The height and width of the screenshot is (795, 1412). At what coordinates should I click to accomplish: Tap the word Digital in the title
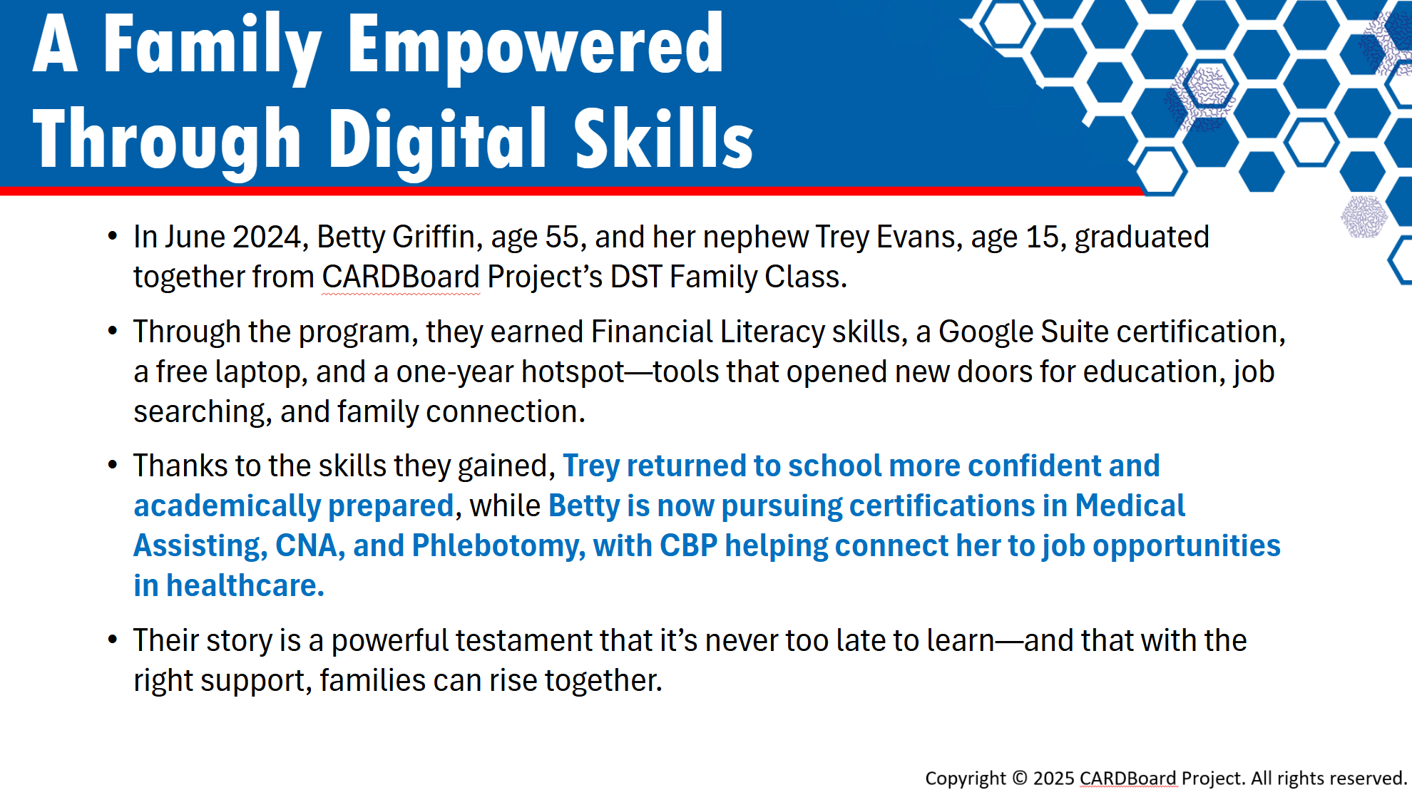point(438,140)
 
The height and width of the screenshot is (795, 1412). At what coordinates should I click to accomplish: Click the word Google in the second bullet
point(986,332)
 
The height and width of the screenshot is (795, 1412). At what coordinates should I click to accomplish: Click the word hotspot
point(573,372)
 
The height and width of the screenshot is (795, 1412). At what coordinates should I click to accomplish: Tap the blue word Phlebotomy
point(498,546)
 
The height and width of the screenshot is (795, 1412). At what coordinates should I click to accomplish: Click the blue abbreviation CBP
point(688,545)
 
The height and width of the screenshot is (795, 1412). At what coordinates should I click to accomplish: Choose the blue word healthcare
point(245,585)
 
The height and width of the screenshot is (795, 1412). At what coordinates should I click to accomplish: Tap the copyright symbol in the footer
point(1020,778)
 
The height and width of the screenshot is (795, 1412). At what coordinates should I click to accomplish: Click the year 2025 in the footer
point(1054,778)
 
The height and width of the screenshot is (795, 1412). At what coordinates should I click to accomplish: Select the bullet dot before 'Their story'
point(113,640)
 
